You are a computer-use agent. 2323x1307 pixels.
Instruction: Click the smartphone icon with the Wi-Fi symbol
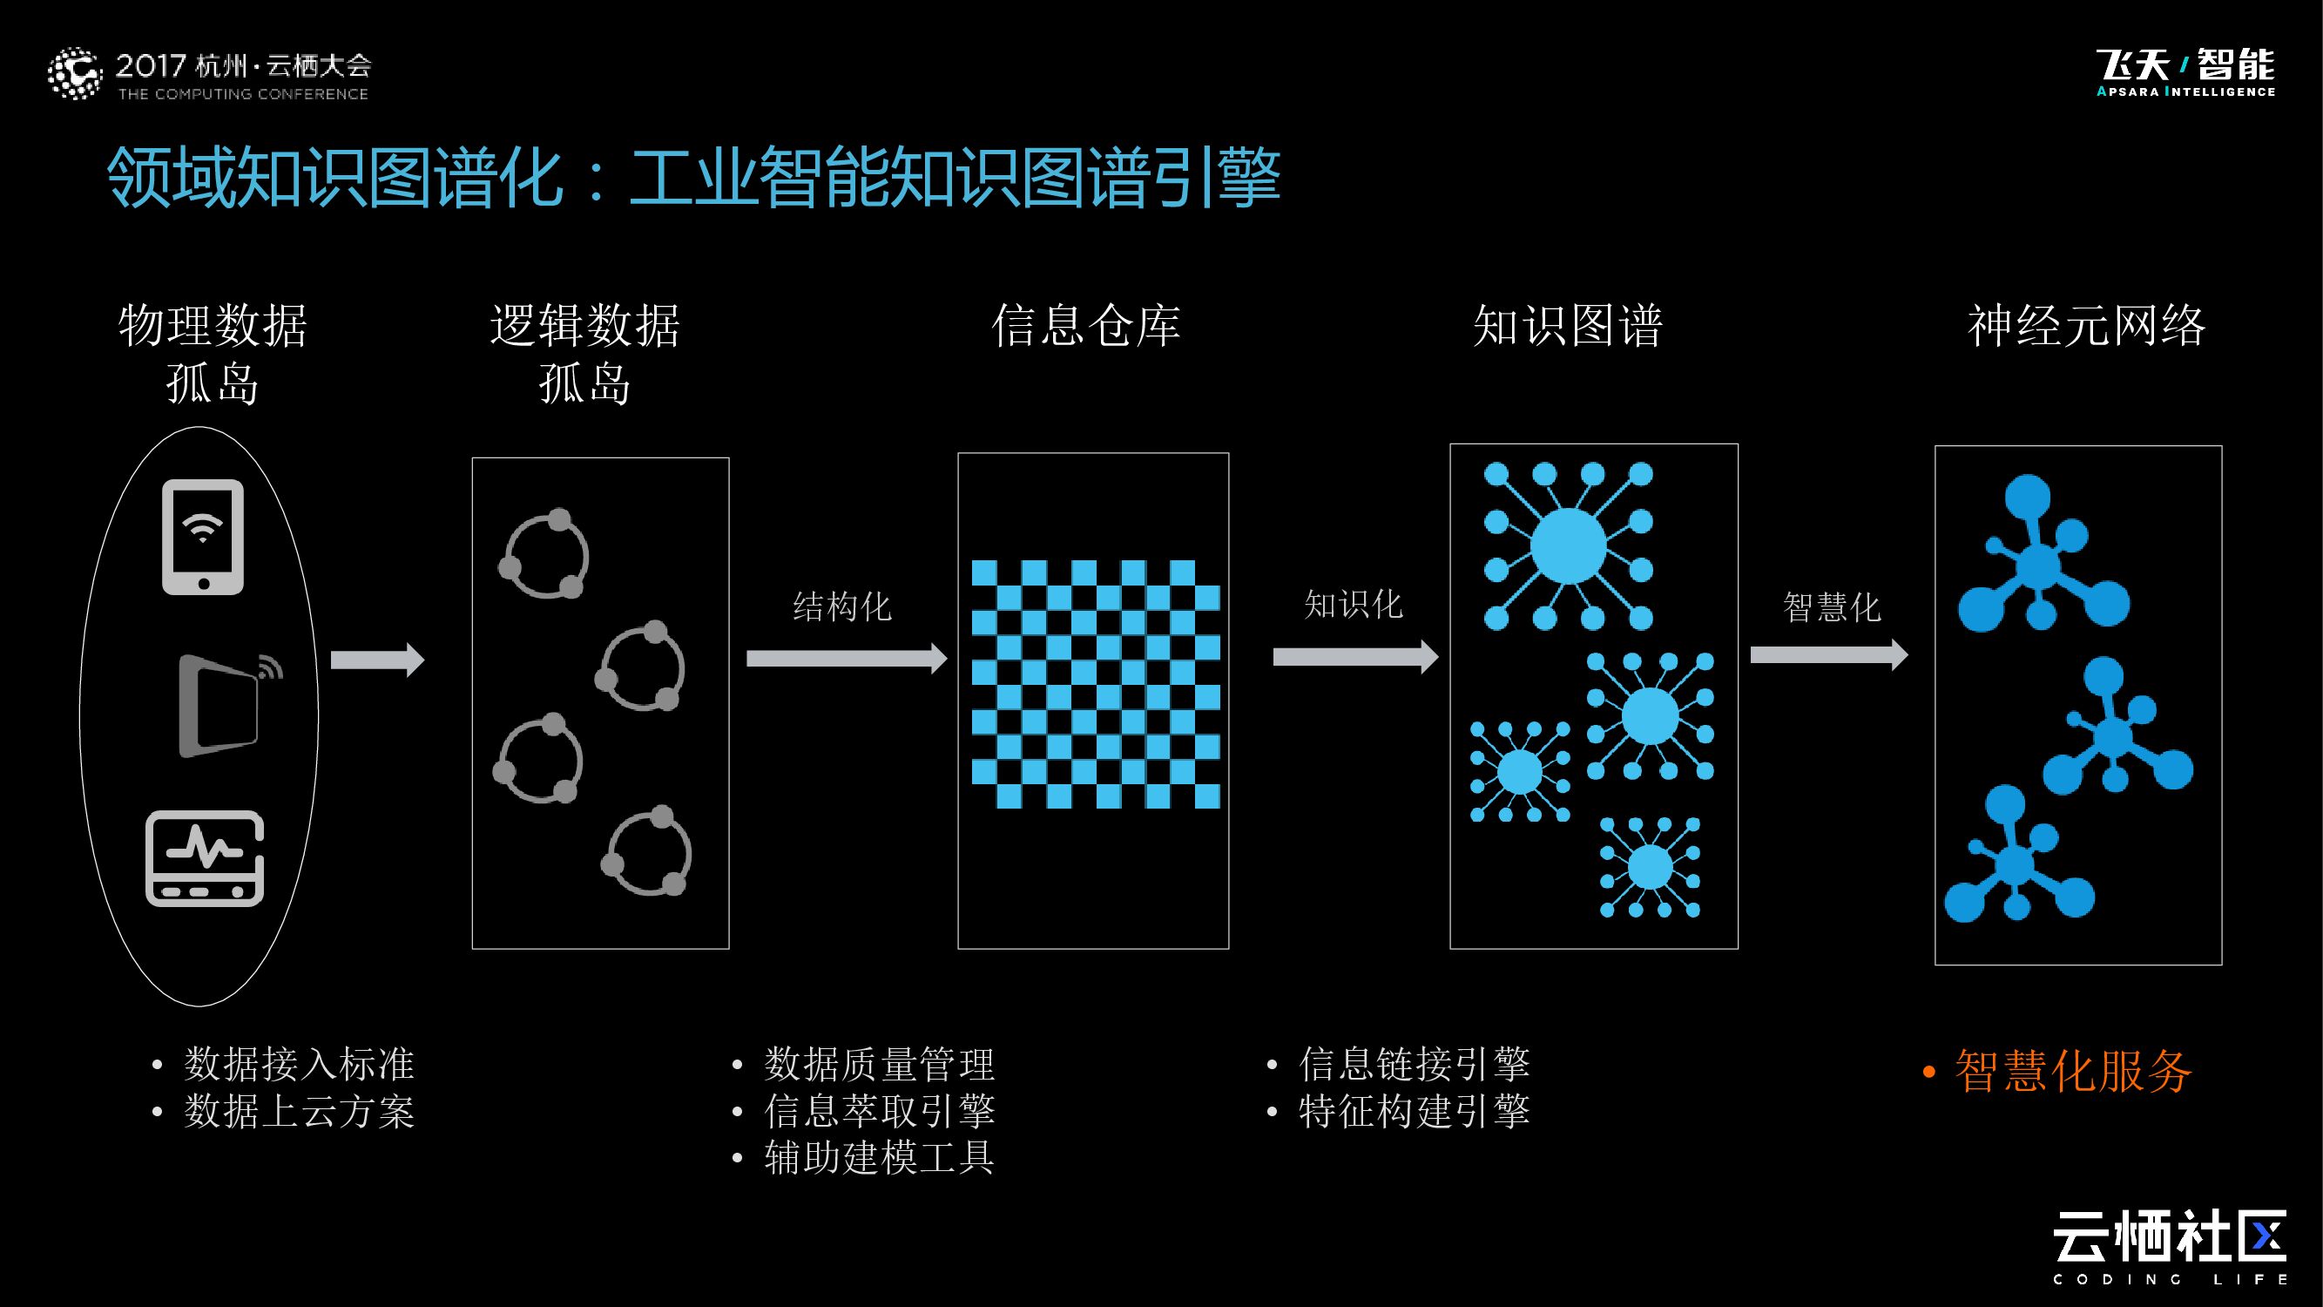coord(203,537)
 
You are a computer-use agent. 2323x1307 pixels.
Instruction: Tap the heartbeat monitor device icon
coord(205,859)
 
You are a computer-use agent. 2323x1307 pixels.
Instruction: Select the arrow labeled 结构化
coord(846,659)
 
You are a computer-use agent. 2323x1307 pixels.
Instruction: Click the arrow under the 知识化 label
coord(1354,657)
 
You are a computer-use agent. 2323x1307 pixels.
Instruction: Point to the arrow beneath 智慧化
coord(1828,654)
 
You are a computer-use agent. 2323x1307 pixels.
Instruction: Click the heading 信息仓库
coord(1086,326)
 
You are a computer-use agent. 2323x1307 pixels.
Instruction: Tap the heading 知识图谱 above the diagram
coord(1567,326)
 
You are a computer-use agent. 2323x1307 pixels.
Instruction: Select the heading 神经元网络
coord(2086,326)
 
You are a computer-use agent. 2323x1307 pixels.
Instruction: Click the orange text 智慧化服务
coord(2072,1072)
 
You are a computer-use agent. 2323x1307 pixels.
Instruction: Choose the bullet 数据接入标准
coord(299,1065)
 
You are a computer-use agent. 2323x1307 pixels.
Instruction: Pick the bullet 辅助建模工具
coord(879,1158)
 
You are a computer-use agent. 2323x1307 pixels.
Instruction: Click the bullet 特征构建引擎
coord(1414,1111)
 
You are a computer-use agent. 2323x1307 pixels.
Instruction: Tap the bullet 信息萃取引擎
coord(879,1111)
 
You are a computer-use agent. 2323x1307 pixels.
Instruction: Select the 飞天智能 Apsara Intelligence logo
coord(2185,72)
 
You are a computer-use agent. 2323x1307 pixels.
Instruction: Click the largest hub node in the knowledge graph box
coord(1568,545)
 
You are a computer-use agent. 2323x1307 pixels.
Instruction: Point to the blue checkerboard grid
coord(1095,684)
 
